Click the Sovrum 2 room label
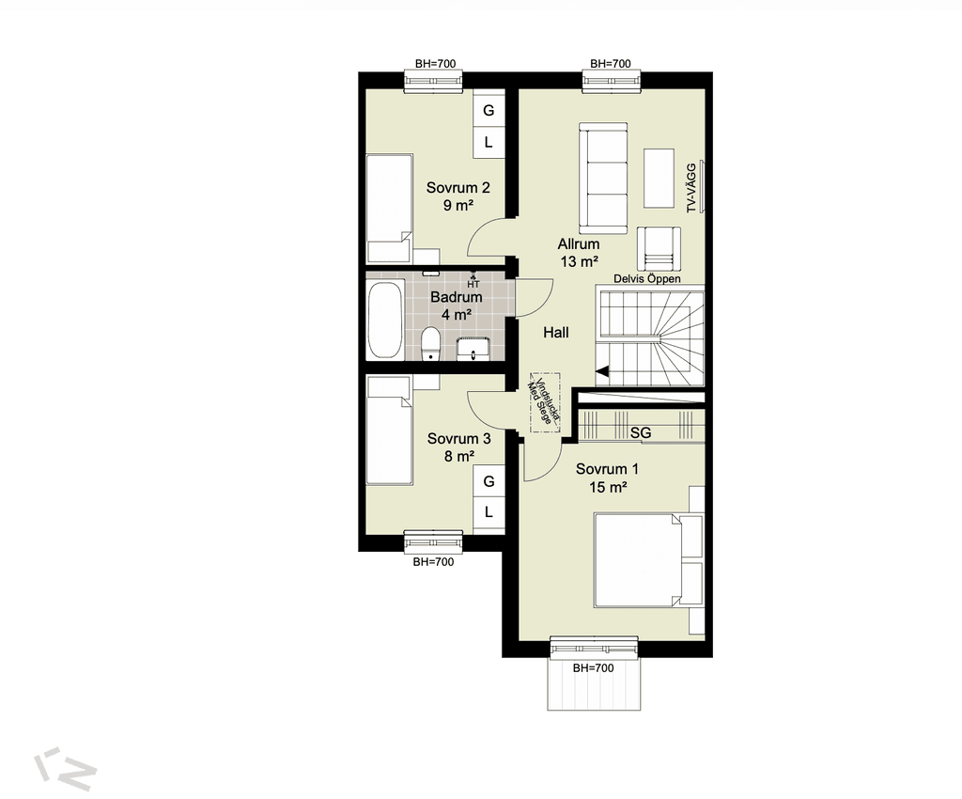point(458,196)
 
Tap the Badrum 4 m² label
point(456,305)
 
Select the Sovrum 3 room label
point(458,447)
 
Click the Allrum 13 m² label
point(579,253)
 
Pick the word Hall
point(556,333)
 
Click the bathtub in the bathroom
point(385,321)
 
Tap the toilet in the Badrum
point(430,344)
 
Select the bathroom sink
point(473,349)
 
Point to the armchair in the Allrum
point(659,248)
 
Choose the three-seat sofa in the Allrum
point(604,179)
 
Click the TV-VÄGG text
point(691,188)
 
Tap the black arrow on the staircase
point(602,371)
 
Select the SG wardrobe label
point(641,433)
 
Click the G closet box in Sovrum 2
point(489,110)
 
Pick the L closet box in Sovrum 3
point(489,511)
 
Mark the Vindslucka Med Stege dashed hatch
point(546,402)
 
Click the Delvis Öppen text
point(647,278)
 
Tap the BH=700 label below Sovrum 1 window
point(594,668)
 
